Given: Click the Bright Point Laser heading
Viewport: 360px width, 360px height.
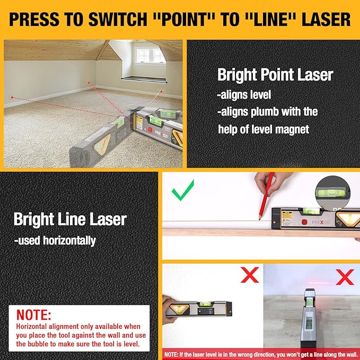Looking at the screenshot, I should [x=275, y=75].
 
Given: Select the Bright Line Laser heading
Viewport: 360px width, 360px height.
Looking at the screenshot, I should [x=70, y=219].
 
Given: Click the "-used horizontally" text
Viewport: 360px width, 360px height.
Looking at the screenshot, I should [x=55, y=241].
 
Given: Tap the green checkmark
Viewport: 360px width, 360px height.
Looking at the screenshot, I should [x=182, y=190].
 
